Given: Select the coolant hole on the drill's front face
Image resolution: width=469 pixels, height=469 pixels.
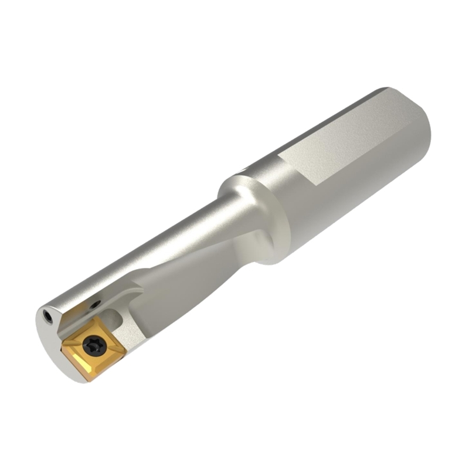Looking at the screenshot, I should pos(48,317).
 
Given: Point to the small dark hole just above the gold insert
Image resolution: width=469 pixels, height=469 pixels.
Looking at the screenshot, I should pos(96,304).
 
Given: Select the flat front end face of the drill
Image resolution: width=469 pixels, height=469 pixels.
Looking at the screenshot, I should pos(50,340).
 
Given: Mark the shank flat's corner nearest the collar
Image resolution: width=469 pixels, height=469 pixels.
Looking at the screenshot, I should pos(280,155).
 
